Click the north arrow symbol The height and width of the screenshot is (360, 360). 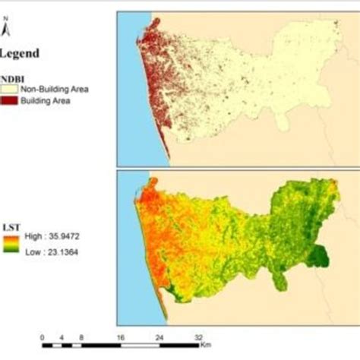coord(6,30)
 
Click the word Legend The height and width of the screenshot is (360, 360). coord(21,54)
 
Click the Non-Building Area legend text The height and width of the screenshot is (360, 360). coord(54,90)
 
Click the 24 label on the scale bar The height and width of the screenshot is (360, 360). coord(160,336)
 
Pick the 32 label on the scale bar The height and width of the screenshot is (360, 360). coord(200,336)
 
